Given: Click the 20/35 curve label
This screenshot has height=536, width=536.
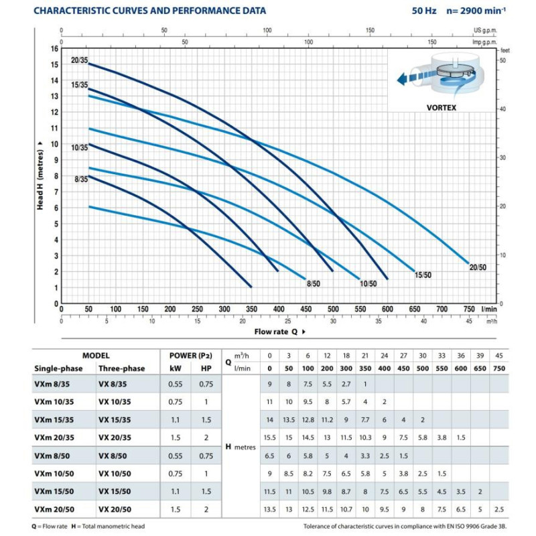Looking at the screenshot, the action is tap(79, 60).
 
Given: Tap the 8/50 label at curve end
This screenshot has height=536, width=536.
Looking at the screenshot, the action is tap(313, 283).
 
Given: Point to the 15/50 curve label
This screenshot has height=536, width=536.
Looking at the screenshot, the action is tap(423, 275).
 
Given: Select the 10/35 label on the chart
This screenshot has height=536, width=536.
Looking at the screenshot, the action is tap(79, 147).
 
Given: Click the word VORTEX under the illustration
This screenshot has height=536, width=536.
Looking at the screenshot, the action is tap(442, 108).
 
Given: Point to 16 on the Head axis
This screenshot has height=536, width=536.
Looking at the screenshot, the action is tap(55, 48).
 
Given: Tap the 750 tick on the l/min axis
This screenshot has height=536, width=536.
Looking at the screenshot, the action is tap(469, 309).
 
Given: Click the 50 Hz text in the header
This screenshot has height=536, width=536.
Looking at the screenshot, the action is tap(424, 11).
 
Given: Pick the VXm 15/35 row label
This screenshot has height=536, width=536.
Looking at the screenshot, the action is tap(54, 420).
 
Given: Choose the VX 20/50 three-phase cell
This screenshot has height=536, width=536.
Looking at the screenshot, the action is tap(115, 509).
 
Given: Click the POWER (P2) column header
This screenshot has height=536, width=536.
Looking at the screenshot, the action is tap(191, 356).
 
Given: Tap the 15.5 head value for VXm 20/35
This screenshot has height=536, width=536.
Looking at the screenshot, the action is tap(270, 438).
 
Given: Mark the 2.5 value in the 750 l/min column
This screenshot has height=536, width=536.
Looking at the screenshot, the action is tap(499, 509).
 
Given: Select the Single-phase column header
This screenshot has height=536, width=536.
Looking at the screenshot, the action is tap(58, 368).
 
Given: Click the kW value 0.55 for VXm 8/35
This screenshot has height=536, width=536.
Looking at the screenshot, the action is tap(176, 384).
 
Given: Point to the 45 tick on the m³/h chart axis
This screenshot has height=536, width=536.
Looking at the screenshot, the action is tap(469, 322).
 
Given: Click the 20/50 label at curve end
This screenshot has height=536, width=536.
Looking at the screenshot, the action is tap(478, 267).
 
